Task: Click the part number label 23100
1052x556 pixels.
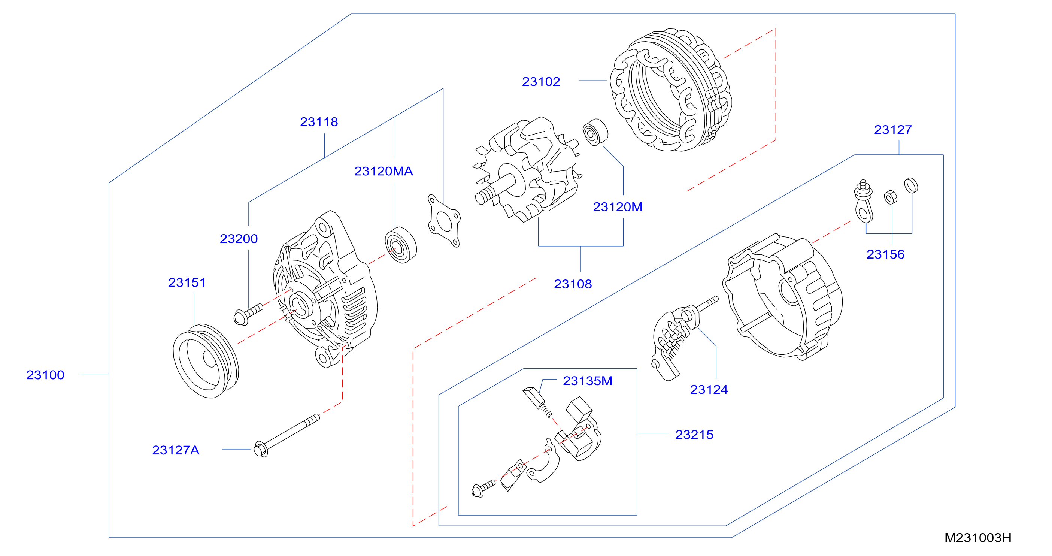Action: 45,375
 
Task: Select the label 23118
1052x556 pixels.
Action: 319,122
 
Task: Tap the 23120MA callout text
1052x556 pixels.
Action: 383,171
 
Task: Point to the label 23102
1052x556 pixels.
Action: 541,82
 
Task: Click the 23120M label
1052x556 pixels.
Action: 618,207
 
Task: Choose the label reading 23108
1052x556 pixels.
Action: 573,284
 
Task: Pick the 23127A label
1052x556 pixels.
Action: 176,450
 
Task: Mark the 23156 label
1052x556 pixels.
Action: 885,254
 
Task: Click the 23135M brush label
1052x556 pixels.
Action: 587,381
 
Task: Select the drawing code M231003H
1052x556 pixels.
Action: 978,538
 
